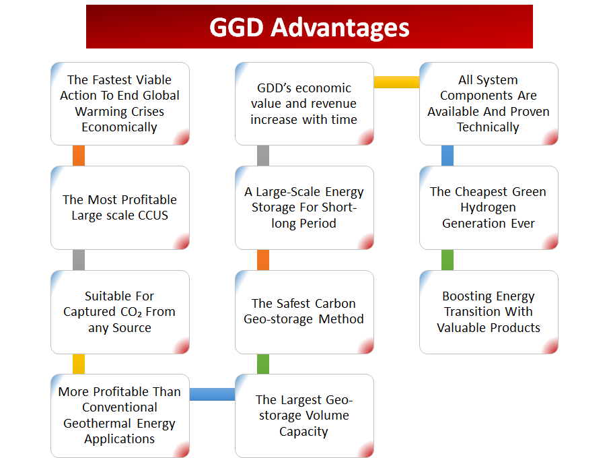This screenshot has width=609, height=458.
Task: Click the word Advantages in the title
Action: pyautogui.click(x=340, y=28)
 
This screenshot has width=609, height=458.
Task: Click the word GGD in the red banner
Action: pyautogui.click(x=236, y=28)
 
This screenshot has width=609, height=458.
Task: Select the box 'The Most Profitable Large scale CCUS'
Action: pyautogui.click(x=120, y=207)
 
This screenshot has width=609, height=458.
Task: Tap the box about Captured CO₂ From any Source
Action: pyautogui.click(x=120, y=312)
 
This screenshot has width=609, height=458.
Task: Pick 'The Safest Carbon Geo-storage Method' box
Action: pyautogui.click(x=304, y=312)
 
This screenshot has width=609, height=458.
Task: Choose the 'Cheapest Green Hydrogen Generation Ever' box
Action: pyautogui.click(x=489, y=207)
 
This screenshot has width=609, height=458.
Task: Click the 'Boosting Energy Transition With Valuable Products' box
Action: pyautogui.click(x=489, y=312)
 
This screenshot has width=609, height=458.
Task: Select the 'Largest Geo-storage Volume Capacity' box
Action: pyautogui.click(x=304, y=416)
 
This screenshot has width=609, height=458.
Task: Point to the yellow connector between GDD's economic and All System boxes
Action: pyautogui.click(x=396, y=82)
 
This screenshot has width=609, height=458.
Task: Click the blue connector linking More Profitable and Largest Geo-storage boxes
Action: pyautogui.click(x=212, y=394)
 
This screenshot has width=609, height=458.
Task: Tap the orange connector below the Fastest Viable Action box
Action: pyautogui.click(x=79, y=156)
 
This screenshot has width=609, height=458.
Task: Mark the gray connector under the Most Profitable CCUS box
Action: pyautogui.click(x=79, y=260)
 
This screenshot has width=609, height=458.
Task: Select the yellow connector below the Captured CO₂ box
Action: pyautogui.click(x=79, y=364)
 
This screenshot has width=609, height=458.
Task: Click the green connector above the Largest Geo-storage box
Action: pyautogui.click(x=263, y=364)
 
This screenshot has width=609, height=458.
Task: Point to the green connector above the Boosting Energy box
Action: pyautogui.click(x=447, y=260)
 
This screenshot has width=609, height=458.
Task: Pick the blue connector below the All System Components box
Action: pyautogui.click(x=447, y=156)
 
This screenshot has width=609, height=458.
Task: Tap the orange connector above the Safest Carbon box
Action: pyautogui.click(x=263, y=260)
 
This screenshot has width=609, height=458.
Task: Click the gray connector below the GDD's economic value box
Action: pyautogui.click(x=263, y=156)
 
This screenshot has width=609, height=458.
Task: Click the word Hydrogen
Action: pyautogui.click(x=489, y=208)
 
